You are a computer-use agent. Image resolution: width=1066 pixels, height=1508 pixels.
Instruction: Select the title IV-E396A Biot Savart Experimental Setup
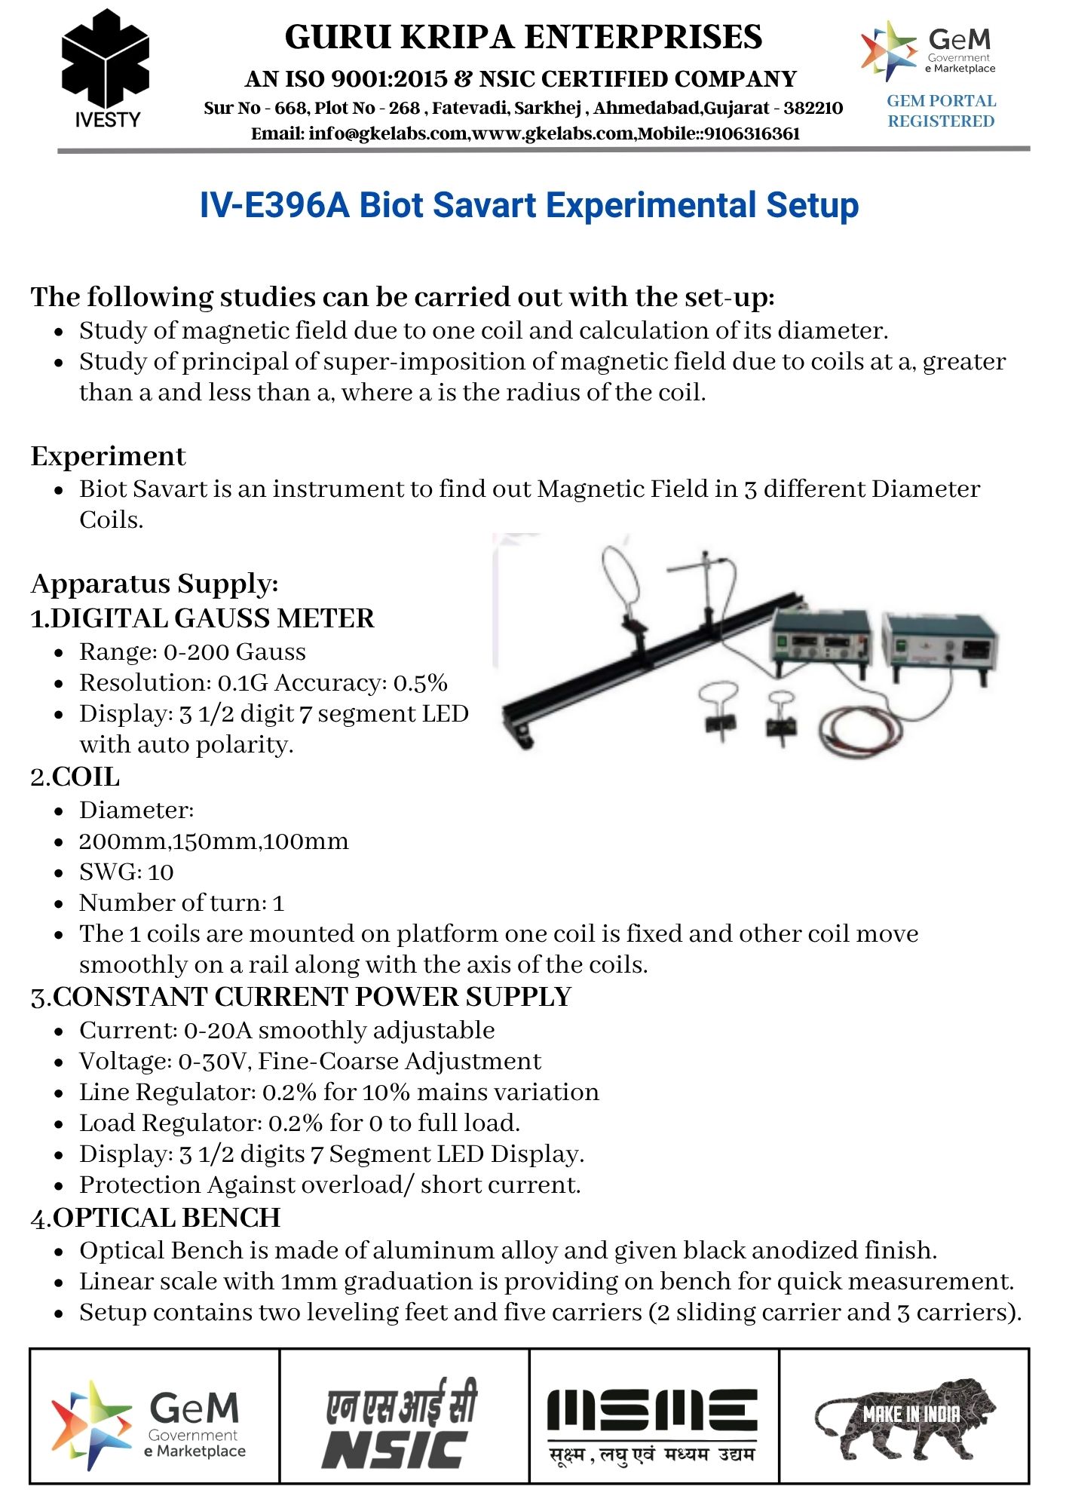[x=528, y=205]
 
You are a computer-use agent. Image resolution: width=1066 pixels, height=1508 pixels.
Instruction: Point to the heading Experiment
[x=108, y=456]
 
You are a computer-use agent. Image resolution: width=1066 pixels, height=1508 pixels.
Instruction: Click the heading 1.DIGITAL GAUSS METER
[x=202, y=618]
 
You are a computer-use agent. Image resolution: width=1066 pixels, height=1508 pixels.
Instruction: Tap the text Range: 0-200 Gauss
[x=192, y=651]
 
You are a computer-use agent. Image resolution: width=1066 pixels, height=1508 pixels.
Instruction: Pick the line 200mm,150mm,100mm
[x=213, y=841]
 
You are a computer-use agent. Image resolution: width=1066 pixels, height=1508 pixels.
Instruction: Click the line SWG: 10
[x=126, y=872]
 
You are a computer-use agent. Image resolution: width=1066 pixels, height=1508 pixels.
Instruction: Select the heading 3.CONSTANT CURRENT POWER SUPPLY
[x=300, y=997]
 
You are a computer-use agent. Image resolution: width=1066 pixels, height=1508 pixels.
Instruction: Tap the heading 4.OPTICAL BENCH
[x=155, y=1218]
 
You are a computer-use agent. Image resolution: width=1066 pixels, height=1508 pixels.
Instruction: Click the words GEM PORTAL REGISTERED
[x=941, y=111]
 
